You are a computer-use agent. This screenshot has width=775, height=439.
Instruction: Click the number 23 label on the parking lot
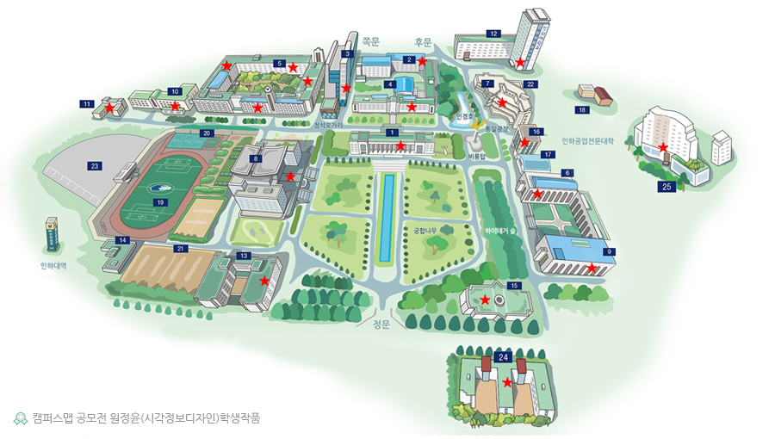(x=95, y=165)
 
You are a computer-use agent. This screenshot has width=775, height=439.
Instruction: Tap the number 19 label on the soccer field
(x=160, y=201)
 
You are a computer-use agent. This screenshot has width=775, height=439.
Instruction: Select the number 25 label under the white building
(x=666, y=186)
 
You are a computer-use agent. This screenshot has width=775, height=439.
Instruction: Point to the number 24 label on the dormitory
(x=504, y=356)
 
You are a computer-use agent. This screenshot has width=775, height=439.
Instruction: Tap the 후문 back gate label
(x=422, y=40)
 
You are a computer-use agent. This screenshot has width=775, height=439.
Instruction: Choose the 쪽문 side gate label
(x=371, y=40)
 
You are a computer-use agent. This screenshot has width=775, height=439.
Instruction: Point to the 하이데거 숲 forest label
(x=500, y=231)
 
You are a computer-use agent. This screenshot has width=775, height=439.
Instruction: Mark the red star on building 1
(x=400, y=146)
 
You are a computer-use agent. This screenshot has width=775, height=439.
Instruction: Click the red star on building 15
(x=485, y=300)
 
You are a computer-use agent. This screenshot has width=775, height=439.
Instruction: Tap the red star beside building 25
(x=664, y=147)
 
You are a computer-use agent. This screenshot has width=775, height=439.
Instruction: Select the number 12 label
(x=493, y=34)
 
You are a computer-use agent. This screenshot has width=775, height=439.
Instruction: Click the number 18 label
(x=582, y=110)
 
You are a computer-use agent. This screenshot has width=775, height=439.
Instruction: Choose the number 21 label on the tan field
(x=180, y=249)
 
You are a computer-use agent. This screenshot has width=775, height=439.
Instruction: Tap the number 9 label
(x=610, y=251)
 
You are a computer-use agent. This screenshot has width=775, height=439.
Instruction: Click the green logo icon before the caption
(x=21, y=418)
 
